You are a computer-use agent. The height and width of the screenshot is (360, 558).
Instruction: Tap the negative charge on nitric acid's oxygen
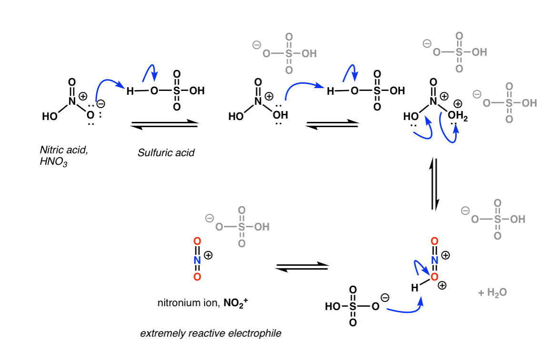coord(100,104)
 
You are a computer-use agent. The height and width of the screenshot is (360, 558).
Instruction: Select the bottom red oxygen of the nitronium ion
coord(197,277)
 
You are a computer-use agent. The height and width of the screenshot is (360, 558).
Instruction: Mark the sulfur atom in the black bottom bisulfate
coord(353,306)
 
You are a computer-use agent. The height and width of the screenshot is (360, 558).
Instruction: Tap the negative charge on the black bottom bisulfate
coord(385,298)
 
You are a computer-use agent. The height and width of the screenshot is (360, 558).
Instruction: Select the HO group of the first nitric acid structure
coord(49,116)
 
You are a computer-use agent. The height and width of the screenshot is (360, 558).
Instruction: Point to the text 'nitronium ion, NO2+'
coord(202,303)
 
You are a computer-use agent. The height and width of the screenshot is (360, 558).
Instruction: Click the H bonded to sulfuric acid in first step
coord(130,91)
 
